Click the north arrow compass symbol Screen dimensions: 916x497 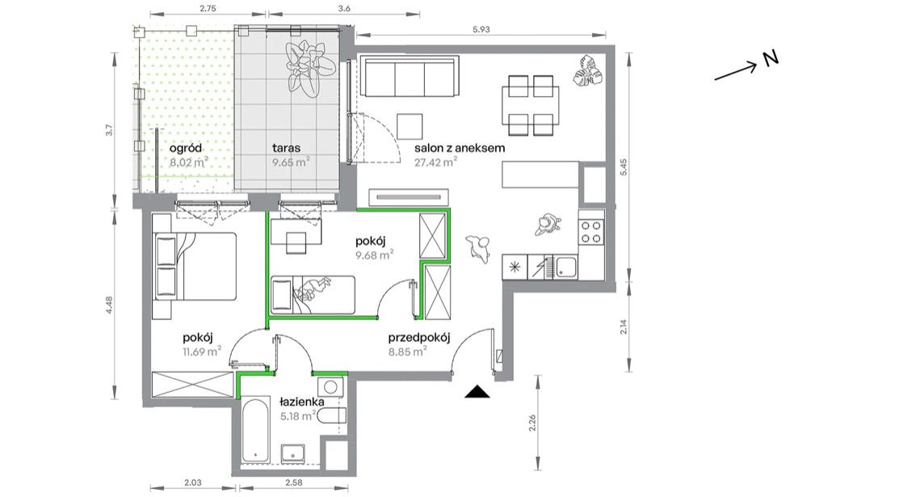click(x=746, y=65)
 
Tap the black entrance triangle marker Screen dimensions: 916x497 click(x=477, y=392)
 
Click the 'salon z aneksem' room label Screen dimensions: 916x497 click(x=460, y=148)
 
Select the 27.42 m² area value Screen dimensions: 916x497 click(x=435, y=162)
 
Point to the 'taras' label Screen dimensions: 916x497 click(x=286, y=148)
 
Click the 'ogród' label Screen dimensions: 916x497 click(x=186, y=149)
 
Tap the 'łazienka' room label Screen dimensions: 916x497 click(x=301, y=402)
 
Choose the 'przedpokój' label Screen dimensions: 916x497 click(x=419, y=338)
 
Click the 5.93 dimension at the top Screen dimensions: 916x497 click(x=481, y=29)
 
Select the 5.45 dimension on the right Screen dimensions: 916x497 click(x=624, y=168)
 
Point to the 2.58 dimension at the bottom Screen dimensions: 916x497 click(x=293, y=482)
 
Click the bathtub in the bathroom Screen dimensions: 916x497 click(x=256, y=431)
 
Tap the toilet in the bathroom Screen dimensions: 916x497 click(x=334, y=416)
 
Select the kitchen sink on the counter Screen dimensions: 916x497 click(x=565, y=267)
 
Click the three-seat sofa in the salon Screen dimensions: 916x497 click(x=410, y=77)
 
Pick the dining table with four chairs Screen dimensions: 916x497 click(x=531, y=105)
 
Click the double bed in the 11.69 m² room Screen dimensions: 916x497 click(x=195, y=266)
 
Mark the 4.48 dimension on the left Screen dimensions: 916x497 click(x=109, y=305)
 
